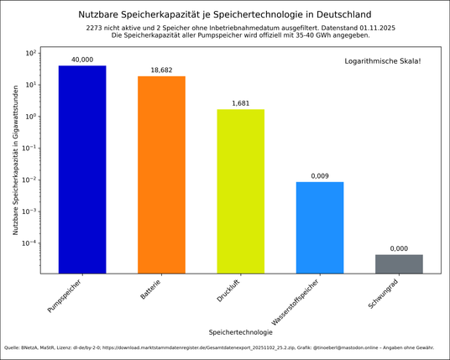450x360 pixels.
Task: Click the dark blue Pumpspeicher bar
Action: click(x=82, y=169)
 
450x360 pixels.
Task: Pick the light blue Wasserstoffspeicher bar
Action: click(x=320, y=227)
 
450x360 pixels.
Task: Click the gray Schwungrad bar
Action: click(x=399, y=263)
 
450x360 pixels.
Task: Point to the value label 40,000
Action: click(x=82, y=60)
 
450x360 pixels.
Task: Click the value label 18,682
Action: click(x=161, y=70)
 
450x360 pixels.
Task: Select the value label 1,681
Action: click(x=240, y=103)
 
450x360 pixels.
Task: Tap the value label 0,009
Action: click(x=320, y=176)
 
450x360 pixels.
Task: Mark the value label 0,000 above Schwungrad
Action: click(x=399, y=248)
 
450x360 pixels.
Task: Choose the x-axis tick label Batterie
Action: click(x=151, y=291)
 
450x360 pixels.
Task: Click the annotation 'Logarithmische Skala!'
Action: click(x=383, y=62)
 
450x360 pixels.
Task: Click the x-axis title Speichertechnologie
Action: click(x=240, y=333)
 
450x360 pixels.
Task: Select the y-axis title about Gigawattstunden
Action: click(x=16, y=159)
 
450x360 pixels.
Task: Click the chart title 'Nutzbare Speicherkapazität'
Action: click(x=224, y=14)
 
